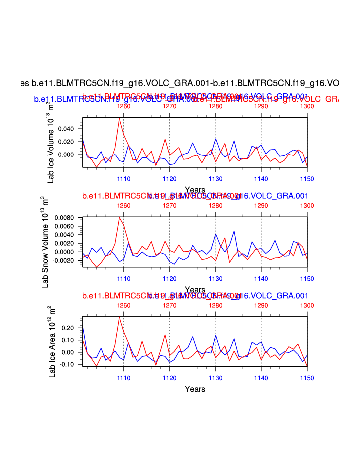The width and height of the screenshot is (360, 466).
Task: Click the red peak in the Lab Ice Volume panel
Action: pyautogui.click(x=119, y=118)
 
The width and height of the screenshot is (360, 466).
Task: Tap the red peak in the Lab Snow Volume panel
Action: pyautogui.click(x=119, y=217)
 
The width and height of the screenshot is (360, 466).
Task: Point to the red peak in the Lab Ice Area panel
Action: pyautogui.click(x=119, y=316)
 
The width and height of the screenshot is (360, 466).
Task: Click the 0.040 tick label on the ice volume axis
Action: pyautogui.click(x=67, y=129)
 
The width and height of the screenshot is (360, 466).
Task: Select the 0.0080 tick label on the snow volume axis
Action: pyautogui.click(x=65, y=218)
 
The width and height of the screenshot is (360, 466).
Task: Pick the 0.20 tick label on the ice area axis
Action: pyautogui.click(x=69, y=328)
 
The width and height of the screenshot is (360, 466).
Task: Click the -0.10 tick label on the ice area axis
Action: pyautogui.click(x=68, y=364)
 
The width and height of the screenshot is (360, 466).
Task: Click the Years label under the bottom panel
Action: pyautogui.click(x=195, y=389)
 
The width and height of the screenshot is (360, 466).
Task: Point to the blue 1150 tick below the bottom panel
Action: pyautogui.click(x=307, y=378)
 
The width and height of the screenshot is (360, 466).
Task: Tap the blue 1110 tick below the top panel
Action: pyautogui.click(x=123, y=179)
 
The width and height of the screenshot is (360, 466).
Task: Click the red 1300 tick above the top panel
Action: pyautogui.click(x=307, y=106)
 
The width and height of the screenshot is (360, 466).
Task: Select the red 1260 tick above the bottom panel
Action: pyautogui.click(x=123, y=305)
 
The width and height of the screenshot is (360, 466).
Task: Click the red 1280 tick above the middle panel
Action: pyautogui.click(x=215, y=205)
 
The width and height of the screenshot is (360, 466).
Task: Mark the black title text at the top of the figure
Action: pyautogui.click(x=180, y=82)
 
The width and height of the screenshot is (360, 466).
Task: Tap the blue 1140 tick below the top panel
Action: pyautogui.click(x=261, y=179)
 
